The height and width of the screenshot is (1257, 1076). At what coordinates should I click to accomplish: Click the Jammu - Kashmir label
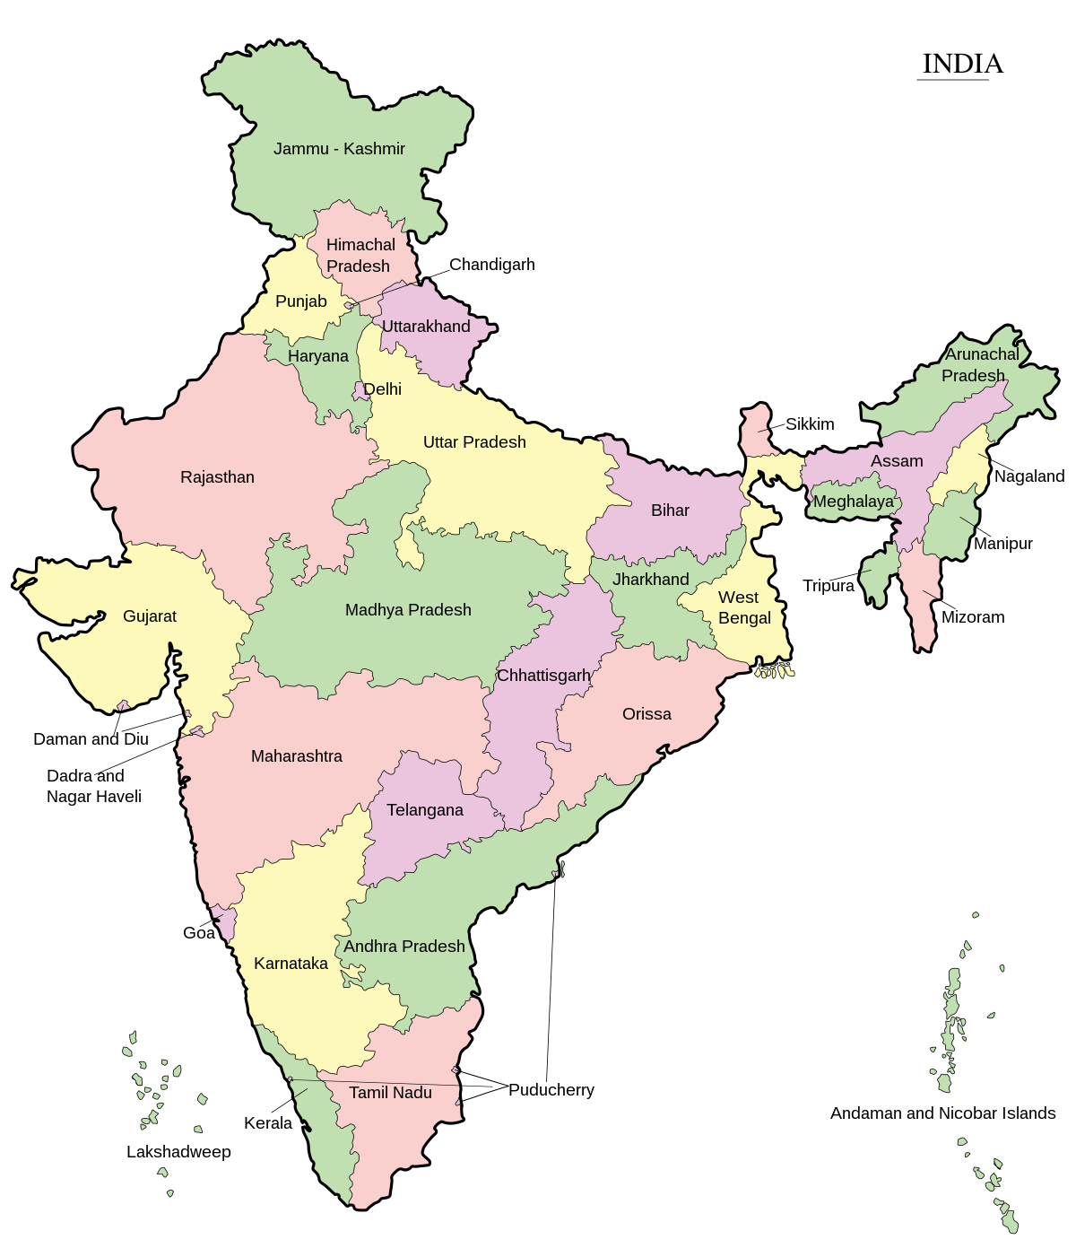pyautogui.click(x=339, y=149)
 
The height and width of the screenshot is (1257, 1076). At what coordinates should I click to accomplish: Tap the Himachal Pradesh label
pyautogui.click(x=360, y=256)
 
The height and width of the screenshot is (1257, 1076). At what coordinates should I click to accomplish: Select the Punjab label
pyautogui.click(x=300, y=301)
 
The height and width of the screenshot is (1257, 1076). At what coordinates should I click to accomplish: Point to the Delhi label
pyautogui.click(x=382, y=389)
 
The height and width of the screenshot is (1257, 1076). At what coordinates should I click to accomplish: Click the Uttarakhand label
pyautogui.click(x=426, y=327)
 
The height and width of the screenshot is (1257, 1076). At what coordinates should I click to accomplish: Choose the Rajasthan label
pyautogui.click(x=217, y=477)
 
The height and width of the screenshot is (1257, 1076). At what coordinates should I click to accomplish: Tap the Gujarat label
pyautogui.click(x=150, y=616)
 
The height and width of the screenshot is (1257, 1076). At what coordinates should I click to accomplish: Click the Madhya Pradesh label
pyautogui.click(x=408, y=610)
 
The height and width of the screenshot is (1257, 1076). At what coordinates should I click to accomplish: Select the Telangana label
pyautogui.click(x=425, y=810)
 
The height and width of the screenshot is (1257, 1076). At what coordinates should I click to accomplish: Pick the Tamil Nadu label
pyautogui.click(x=390, y=1093)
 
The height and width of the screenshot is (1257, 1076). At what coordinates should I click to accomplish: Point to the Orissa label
pyautogui.click(x=646, y=714)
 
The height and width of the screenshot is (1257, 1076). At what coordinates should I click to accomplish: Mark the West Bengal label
pyautogui.click(x=743, y=607)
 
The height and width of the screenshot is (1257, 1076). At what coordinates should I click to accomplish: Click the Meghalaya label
pyautogui.click(x=853, y=502)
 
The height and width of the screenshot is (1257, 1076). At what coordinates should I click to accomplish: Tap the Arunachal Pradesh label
pyautogui.click(x=979, y=365)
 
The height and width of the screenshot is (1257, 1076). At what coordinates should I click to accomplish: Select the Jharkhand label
pyautogui.click(x=651, y=580)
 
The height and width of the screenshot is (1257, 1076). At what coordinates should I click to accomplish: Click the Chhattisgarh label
pyautogui.click(x=543, y=676)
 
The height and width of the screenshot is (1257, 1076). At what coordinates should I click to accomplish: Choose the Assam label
pyautogui.click(x=897, y=461)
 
